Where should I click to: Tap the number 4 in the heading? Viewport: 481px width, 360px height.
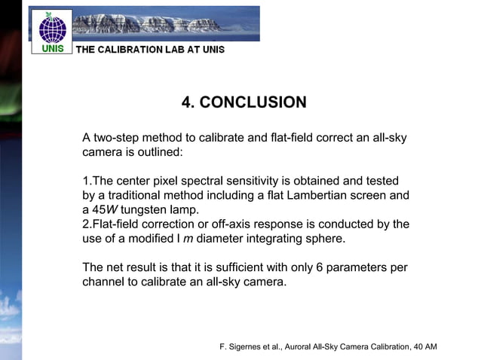[187, 102]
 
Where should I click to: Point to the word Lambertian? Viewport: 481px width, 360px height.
[321, 196]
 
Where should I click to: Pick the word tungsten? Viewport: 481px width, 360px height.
[149, 209]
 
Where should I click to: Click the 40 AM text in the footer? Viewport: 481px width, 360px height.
[424, 346]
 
